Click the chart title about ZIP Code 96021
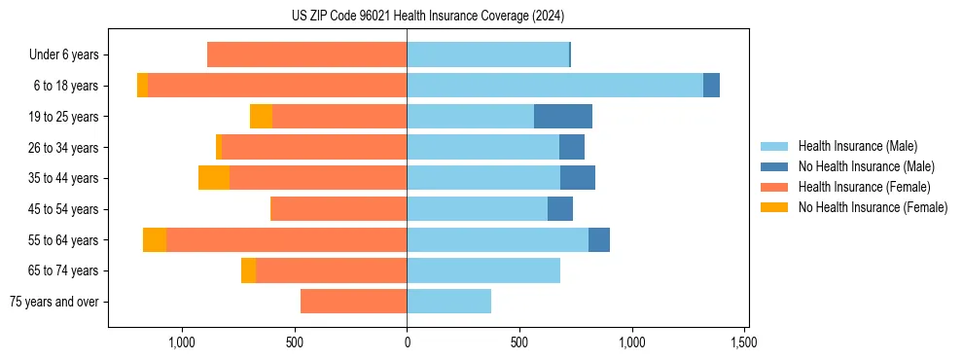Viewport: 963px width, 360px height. [x=427, y=16]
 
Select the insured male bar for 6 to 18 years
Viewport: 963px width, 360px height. [x=554, y=86]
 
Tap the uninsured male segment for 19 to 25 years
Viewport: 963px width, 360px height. [x=563, y=117]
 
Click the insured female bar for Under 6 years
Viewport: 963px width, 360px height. [x=306, y=55]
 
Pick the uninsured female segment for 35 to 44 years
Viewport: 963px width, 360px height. [x=214, y=178]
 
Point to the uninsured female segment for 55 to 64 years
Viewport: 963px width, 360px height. [x=155, y=240]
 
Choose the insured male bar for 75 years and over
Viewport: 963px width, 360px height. [x=448, y=302]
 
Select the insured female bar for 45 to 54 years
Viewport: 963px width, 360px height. [x=339, y=209]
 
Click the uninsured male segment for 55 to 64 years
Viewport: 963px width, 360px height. [x=599, y=240]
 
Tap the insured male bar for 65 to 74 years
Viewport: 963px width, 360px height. [x=483, y=270]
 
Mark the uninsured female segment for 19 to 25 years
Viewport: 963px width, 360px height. [x=261, y=117]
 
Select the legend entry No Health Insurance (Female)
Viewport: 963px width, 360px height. [x=873, y=207]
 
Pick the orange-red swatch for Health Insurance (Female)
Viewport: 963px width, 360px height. [x=774, y=187]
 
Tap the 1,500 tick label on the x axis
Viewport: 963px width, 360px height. [x=745, y=342]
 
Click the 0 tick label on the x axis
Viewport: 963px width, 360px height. [x=407, y=342]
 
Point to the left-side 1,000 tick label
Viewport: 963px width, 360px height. [x=182, y=342]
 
